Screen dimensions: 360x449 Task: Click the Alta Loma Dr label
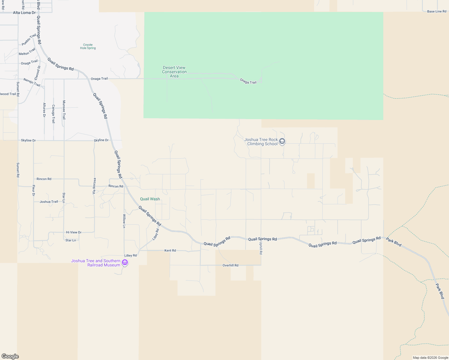point(24,13)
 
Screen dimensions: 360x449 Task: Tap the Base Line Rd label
point(436,11)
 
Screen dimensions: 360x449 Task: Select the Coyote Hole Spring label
point(88,46)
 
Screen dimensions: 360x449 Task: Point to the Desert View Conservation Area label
point(174,72)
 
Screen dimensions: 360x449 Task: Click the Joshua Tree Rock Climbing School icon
point(282,141)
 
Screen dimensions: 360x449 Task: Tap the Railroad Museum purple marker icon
point(125,263)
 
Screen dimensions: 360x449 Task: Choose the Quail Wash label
point(150,199)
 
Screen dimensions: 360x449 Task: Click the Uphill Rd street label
point(261,248)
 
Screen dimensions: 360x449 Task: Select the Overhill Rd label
point(231,265)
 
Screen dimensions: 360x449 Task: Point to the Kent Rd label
point(170,250)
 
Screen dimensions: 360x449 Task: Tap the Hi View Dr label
point(74,232)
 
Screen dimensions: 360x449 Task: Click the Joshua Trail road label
point(49,202)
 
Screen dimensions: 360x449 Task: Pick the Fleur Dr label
point(34,190)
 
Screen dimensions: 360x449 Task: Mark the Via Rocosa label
point(94,186)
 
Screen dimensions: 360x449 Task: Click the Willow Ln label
point(124,221)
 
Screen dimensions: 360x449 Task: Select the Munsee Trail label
point(64,110)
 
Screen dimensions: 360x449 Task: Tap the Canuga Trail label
point(53,114)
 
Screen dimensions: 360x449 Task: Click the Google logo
point(10,356)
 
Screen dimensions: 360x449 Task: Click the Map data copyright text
point(430,358)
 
